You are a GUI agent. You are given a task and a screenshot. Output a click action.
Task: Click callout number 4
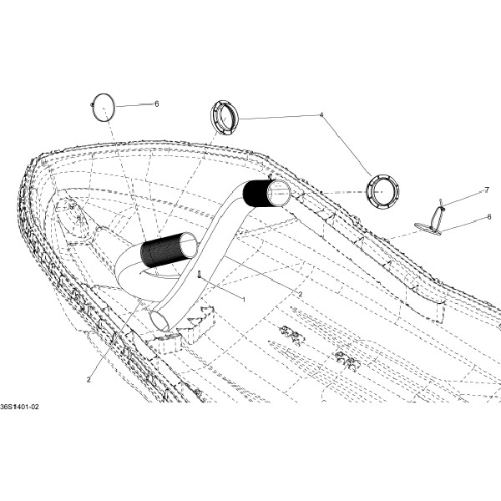tap(321, 114)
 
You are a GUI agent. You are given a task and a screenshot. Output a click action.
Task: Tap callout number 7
tap(487, 190)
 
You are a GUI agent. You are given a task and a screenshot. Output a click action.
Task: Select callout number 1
tap(244, 300)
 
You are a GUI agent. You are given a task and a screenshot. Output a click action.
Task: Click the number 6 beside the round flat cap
tap(157, 104)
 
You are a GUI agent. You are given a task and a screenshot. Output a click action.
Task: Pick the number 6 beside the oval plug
tap(489, 217)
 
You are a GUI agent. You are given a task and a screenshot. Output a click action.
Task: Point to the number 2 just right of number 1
tap(300, 294)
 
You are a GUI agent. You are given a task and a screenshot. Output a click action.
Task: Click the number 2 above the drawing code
tap(89, 380)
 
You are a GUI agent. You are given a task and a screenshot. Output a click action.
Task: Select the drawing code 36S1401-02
tap(19, 407)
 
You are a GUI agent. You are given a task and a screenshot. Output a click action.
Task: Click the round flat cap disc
tap(104, 108)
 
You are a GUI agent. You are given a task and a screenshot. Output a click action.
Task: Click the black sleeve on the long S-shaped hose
tap(256, 194)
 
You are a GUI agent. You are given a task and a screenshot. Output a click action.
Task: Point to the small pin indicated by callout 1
tap(199, 274)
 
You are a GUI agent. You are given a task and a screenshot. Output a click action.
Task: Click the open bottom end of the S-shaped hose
tap(159, 321)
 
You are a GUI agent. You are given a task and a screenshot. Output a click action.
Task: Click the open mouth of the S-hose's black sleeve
tap(279, 193)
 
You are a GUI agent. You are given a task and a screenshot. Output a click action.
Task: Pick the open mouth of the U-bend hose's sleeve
tap(190, 245)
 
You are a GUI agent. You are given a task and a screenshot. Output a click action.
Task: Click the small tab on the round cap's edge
tap(92, 104)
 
